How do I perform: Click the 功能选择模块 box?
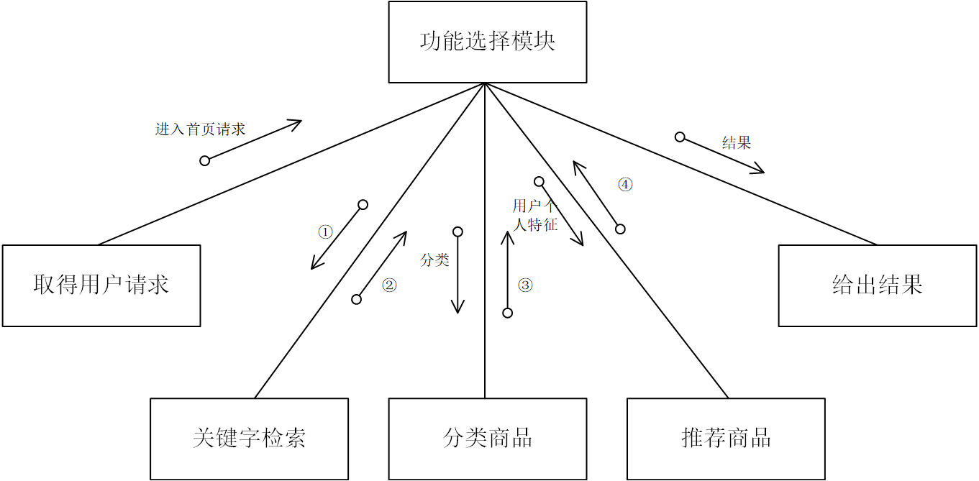487,42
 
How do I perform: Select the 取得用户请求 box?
101,285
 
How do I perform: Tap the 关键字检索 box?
249,438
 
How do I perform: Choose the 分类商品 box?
487,438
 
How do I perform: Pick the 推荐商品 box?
726,438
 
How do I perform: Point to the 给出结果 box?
877,285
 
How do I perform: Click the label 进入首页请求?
200,129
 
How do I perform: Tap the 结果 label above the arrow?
737,143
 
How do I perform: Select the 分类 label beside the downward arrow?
434,260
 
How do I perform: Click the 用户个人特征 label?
535,216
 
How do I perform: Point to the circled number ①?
325,232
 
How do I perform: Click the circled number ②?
389,285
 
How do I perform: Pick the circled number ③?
525,285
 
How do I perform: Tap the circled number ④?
625,185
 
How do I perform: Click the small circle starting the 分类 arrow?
457,232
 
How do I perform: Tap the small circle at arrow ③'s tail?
508,313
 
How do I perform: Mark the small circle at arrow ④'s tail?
620,229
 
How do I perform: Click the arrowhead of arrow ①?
313,267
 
